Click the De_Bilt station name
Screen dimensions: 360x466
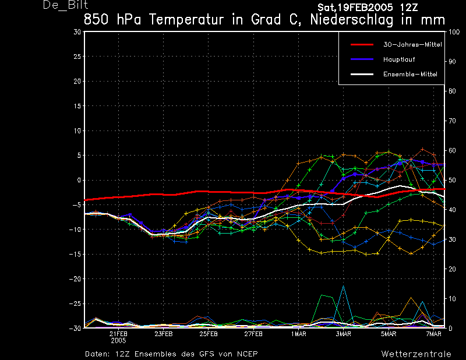click(x=65, y=5)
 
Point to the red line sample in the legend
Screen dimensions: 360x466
click(x=361, y=44)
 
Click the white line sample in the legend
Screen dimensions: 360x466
click(x=361, y=74)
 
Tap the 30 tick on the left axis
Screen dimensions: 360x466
click(x=77, y=32)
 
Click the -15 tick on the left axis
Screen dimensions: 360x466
click(x=75, y=255)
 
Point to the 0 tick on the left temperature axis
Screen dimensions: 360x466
click(x=79, y=180)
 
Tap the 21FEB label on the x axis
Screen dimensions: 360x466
click(x=118, y=334)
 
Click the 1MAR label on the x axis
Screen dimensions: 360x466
click(x=299, y=334)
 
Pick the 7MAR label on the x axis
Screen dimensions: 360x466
click(x=434, y=334)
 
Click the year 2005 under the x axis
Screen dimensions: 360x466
click(x=118, y=340)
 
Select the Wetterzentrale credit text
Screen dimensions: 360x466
click(x=416, y=354)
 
